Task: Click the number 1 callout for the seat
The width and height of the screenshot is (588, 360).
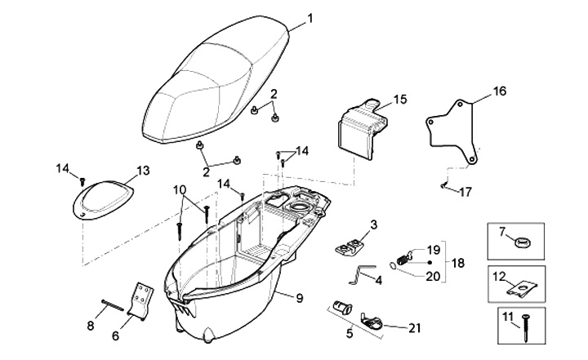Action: pos(310,19)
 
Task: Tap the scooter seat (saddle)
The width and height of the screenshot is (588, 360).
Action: pos(216,81)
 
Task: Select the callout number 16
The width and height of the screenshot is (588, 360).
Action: pos(500,91)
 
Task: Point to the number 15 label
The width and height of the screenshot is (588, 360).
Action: pos(400,100)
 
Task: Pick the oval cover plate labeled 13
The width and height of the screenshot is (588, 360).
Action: pos(103,200)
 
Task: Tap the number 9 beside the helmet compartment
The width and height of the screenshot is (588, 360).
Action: pos(299,298)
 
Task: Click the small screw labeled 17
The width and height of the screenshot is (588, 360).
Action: pos(444,184)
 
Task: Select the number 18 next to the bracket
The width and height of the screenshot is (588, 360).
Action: pos(458,263)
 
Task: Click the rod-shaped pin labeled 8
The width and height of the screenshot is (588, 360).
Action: pos(113,304)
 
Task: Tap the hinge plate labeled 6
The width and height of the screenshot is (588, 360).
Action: pos(141,301)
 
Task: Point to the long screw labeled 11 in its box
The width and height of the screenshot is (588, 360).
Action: pos(525,327)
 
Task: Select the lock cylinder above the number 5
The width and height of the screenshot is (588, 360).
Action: pos(342,308)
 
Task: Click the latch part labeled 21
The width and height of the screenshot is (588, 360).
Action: pos(371,321)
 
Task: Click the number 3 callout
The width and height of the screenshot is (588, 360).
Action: pos(373,225)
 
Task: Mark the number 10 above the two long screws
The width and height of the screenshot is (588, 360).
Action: pos(180,189)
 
